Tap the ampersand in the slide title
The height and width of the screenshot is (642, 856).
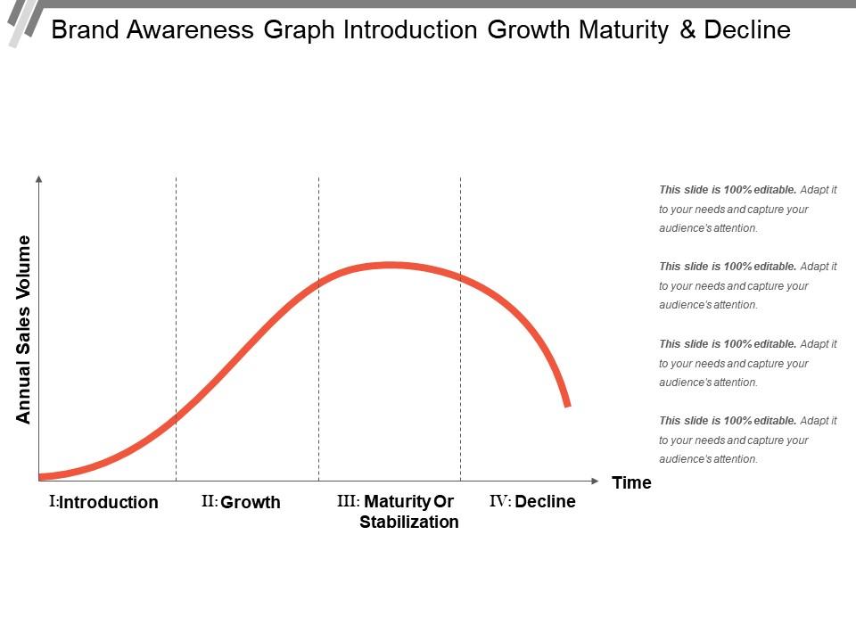[684, 30]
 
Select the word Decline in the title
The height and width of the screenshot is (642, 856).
[747, 30]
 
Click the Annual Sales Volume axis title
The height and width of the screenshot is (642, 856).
[24, 329]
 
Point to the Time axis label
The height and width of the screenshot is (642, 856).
[631, 482]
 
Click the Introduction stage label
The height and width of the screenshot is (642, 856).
[109, 502]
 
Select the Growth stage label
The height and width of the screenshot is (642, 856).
[251, 502]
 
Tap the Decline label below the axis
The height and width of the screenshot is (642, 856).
[545, 501]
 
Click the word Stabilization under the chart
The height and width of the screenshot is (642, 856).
[409, 522]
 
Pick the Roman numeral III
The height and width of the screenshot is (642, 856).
[347, 501]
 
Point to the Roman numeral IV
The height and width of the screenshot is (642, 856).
[499, 501]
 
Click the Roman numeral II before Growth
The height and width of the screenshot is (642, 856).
[209, 501]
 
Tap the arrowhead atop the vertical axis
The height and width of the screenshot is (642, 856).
[38, 179]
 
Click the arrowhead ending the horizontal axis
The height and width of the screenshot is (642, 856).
[594, 479]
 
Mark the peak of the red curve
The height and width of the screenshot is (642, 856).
[391, 265]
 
